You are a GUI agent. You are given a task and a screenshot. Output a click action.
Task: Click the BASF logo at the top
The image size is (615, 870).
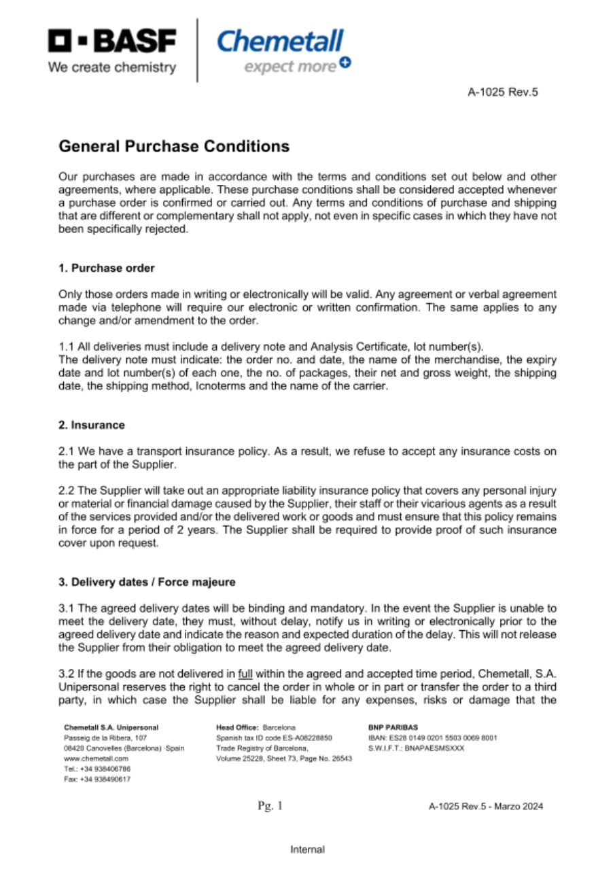112,41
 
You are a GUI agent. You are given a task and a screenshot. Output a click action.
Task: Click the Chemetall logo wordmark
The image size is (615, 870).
280,41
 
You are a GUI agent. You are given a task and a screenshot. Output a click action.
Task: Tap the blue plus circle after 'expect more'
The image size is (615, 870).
345,63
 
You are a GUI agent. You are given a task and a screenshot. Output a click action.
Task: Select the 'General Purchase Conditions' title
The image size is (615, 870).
174,146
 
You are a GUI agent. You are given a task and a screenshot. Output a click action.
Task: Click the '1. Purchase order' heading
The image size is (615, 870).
107,268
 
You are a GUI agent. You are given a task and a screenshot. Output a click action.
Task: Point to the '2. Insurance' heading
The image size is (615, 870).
92,425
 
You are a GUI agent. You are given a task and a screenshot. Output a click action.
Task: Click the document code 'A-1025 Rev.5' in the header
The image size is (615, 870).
503,92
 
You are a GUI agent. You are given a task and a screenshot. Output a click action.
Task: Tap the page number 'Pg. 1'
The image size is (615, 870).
270,806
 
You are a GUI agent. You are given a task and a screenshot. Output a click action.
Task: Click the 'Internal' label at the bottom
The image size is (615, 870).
307,849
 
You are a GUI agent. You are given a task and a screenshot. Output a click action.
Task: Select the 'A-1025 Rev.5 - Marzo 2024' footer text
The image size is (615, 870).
486,807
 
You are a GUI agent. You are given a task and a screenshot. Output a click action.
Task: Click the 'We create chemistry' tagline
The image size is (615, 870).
111,67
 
